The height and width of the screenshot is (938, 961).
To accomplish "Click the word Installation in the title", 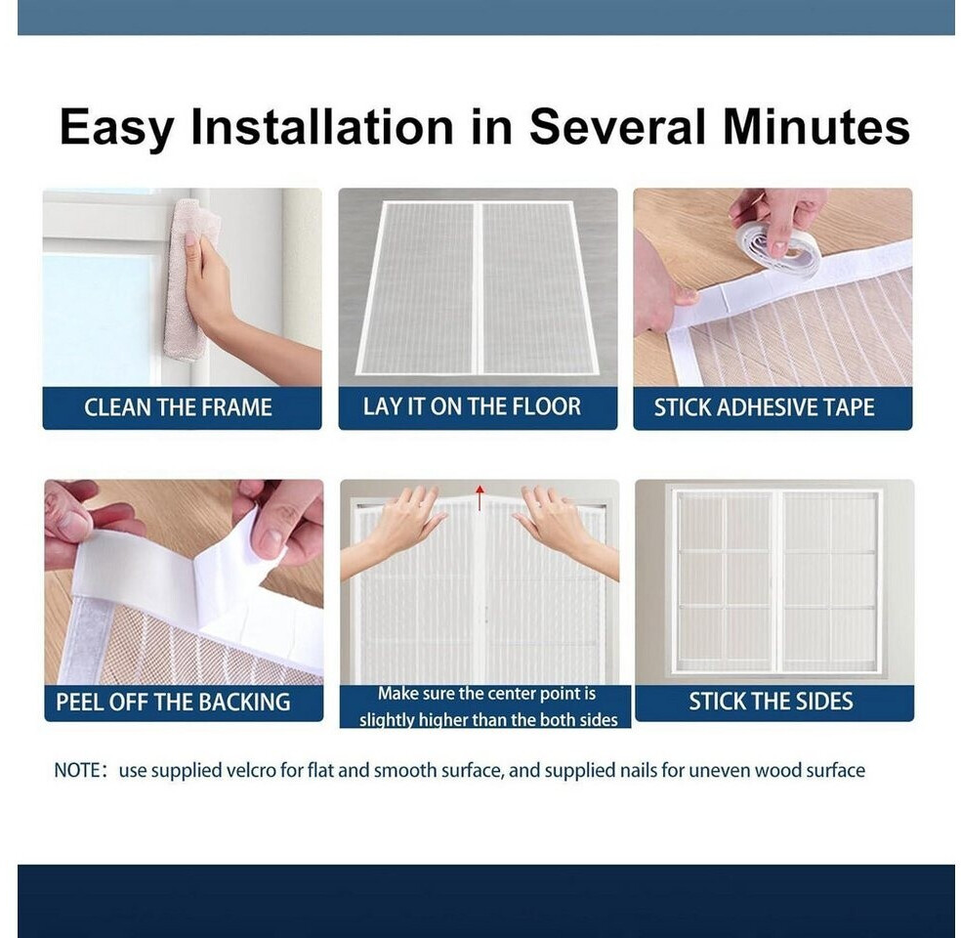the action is click(322, 126).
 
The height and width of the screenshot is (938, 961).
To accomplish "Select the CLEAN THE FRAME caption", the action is click(178, 407).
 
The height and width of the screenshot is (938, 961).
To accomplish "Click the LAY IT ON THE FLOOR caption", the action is click(472, 407).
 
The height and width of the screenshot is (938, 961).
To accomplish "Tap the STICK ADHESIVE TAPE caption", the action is click(764, 407).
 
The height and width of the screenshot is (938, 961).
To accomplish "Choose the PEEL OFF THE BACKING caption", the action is click(173, 702).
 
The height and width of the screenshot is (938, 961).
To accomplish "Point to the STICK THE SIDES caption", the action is click(771, 702).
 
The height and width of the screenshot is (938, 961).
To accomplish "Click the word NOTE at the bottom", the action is click(76, 771).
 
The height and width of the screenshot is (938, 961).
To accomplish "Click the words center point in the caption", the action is click(535, 694).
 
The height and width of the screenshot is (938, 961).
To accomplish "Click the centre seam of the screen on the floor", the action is click(478, 287).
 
